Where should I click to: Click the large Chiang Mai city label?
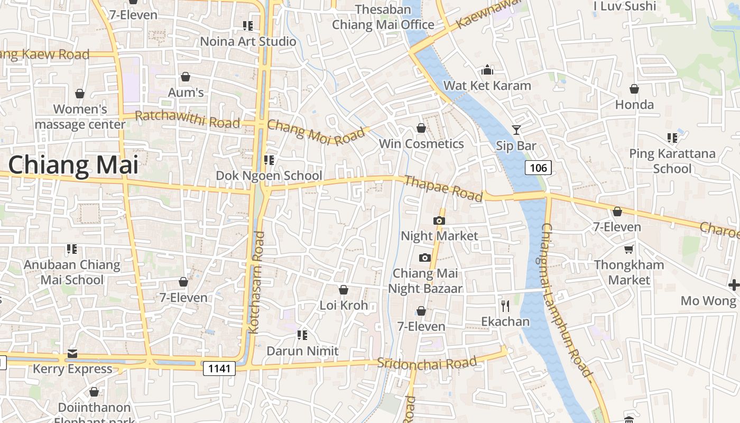(x=73, y=165)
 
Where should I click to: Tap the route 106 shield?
(x=538, y=168)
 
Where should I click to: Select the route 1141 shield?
(x=219, y=368)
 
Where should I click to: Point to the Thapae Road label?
(x=443, y=189)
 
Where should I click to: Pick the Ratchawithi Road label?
(x=188, y=119)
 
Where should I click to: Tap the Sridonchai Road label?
(x=427, y=363)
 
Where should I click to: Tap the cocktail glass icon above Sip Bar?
(x=516, y=130)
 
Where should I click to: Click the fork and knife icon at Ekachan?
(x=505, y=305)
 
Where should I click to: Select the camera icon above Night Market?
(x=439, y=220)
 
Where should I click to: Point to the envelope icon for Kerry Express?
(x=72, y=353)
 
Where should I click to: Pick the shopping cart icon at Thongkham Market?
(x=628, y=249)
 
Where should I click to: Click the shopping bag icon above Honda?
(x=634, y=89)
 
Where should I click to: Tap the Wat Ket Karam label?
(x=487, y=86)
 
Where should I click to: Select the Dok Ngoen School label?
(x=269, y=176)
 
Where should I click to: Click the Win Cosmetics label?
(x=421, y=144)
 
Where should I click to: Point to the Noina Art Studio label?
(x=248, y=41)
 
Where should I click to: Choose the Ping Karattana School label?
(x=672, y=161)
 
